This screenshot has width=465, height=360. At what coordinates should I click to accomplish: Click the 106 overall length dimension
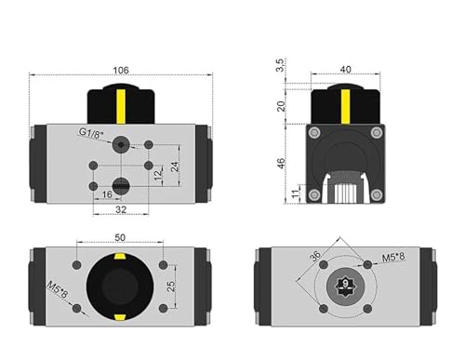click(x=121, y=71)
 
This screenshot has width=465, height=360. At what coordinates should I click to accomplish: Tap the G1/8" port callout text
click(x=91, y=133)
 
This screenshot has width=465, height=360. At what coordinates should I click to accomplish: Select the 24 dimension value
click(x=175, y=167)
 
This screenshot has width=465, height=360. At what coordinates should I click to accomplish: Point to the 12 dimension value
click(x=158, y=175)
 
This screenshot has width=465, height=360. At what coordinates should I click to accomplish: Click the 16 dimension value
click(x=107, y=194)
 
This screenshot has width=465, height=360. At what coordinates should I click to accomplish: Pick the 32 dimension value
click(x=121, y=209)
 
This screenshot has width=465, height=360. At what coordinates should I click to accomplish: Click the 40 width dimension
click(x=345, y=70)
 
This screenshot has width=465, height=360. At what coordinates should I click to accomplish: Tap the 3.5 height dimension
click(x=280, y=65)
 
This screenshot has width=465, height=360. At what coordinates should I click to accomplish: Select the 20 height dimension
click(x=281, y=106)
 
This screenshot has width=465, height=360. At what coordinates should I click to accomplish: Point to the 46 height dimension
click(x=281, y=164)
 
